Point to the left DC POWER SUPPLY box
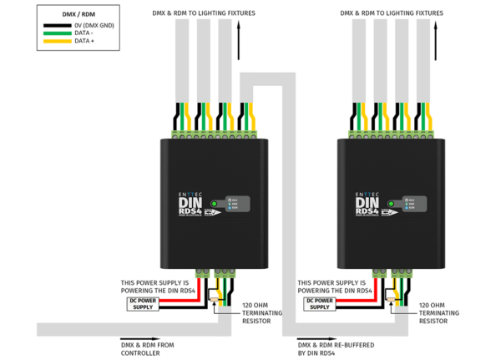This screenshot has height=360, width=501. [x=143, y=303]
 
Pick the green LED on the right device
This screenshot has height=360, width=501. [x=390, y=203]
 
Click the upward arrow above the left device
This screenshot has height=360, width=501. [x=240, y=42]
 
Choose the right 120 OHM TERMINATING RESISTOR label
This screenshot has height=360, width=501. [x=436, y=312]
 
